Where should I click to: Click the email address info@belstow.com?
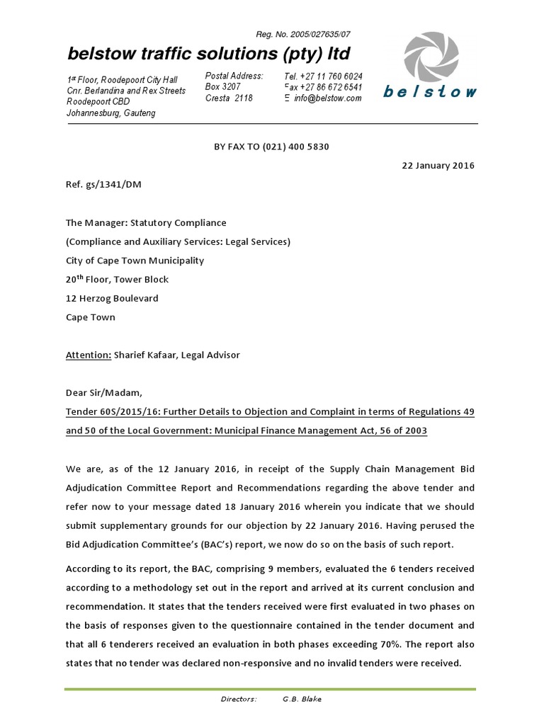[x=328, y=98]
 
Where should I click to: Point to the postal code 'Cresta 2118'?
[x=228, y=98]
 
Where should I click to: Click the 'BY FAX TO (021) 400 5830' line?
[x=271, y=147]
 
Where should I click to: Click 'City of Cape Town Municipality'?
[x=135, y=260]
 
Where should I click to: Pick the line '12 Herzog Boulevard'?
[x=112, y=298]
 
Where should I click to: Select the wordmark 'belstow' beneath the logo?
[x=430, y=91]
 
